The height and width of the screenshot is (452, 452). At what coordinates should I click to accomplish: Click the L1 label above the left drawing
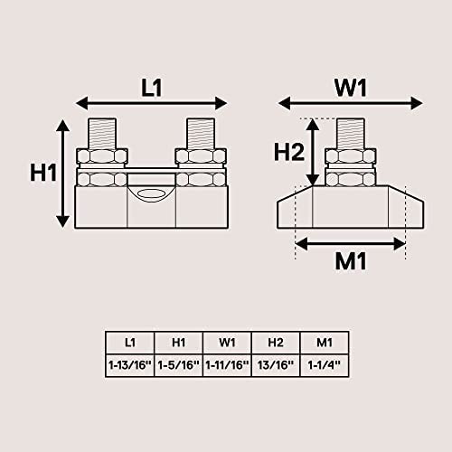(152, 88)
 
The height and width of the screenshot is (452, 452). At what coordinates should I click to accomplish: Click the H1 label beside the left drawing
(43, 173)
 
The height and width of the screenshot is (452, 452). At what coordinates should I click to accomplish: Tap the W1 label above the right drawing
(351, 88)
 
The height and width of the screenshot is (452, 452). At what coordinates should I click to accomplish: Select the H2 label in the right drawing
(289, 152)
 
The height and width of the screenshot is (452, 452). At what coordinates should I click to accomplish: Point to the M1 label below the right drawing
(351, 261)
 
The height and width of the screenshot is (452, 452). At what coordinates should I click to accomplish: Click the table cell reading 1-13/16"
(130, 365)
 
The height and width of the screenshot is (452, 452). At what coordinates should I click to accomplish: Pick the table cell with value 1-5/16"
(179, 365)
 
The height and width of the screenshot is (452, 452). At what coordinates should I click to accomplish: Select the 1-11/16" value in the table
(227, 365)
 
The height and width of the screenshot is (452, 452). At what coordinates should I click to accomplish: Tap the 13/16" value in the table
(276, 365)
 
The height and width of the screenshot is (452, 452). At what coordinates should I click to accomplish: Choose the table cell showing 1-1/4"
(325, 365)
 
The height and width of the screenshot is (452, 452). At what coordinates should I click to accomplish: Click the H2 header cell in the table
(276, 343)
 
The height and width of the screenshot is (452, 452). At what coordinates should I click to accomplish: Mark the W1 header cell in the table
(227, 343)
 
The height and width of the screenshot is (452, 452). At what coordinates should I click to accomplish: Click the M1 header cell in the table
(325, 343)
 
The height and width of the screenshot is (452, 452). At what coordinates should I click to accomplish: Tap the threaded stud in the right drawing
(351, 134)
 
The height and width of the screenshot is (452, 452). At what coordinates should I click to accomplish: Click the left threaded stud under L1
(102, 134)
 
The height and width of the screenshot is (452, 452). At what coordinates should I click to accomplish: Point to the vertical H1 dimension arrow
(63, 174)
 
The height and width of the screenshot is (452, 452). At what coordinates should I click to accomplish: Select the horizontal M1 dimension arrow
(351, 244)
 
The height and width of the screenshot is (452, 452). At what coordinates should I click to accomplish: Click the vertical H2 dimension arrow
(313, 152)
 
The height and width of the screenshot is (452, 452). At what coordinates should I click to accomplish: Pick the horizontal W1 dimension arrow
(351, 103)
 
